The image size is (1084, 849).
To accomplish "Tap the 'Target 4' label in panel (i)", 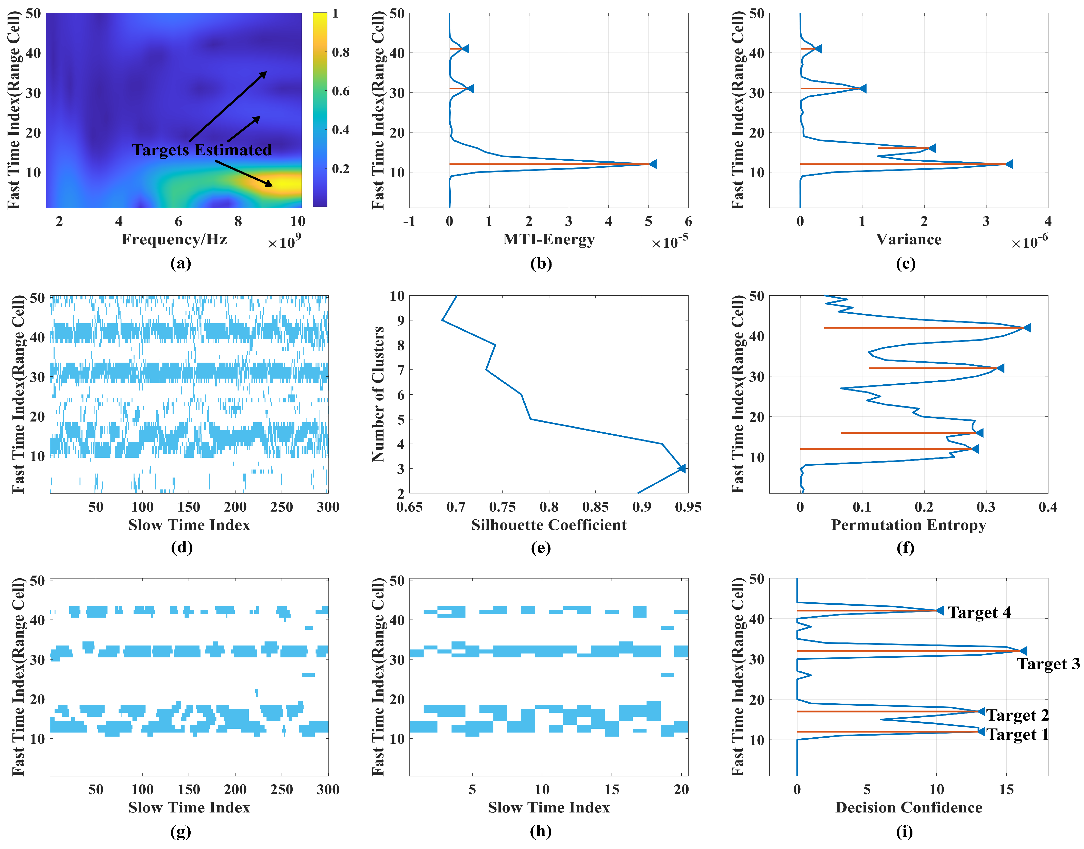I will point(979,613).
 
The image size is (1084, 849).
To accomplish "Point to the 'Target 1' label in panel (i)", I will point(1017,735).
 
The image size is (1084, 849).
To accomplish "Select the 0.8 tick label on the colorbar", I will point(341,52).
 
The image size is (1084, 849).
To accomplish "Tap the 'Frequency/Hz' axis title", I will point(174,240).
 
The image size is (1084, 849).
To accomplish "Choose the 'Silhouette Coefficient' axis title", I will point(548,525).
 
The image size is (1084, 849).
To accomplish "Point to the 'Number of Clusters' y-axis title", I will point(378,394).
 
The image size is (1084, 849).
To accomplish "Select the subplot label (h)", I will point(541,831).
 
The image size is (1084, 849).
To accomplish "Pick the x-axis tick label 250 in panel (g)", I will point(281,790).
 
